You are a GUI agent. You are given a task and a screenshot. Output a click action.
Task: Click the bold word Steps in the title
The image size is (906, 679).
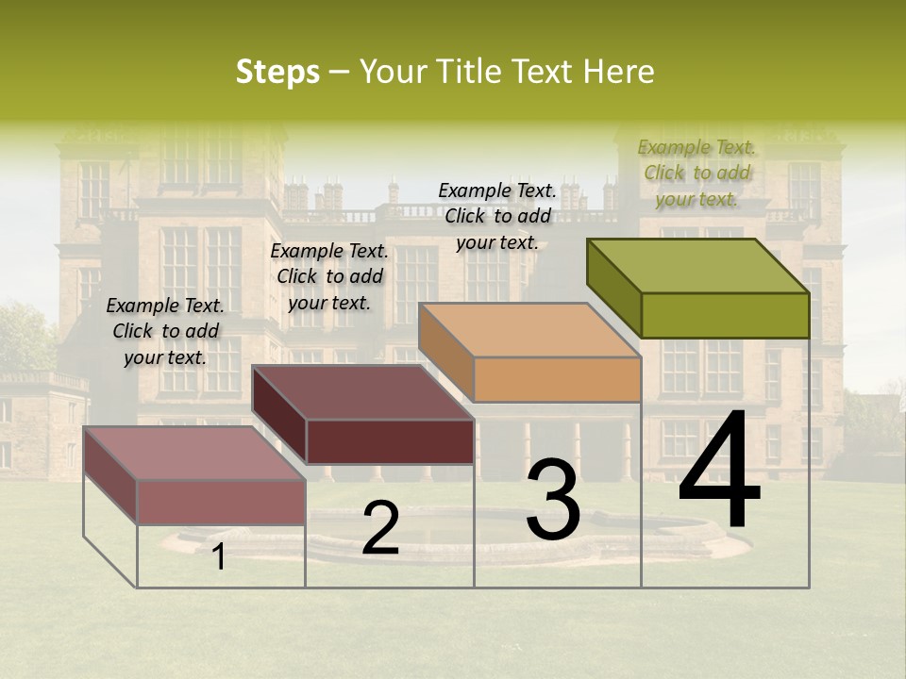pyautogui.click(x=277, y=72)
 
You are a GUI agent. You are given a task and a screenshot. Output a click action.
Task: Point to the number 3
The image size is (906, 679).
pyautogui.click(x=552, y=500)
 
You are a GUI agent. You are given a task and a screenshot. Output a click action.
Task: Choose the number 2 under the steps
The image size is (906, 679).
pyautogui.click(x=380, y=529)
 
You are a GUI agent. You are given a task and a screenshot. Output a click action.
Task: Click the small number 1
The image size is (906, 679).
pyautogui.click(x=219, y=557)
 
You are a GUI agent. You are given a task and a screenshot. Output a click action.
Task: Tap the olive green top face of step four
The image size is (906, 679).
pyautogui.click(x=698, y=266)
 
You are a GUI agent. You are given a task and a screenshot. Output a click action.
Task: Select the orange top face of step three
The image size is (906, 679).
pyautogui.click(x=529, y=330)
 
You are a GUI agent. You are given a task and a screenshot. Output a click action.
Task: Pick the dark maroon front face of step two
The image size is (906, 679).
pyautogui.click(x=390, y=441)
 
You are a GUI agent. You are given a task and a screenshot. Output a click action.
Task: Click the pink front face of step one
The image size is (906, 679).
pyautogui.click(x=222, y=502)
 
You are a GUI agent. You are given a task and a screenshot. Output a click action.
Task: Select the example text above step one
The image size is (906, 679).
pyautogui.click(x=165, y=331)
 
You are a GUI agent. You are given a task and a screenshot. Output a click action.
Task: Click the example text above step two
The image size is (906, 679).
pyautogui.click(x=329, y=276)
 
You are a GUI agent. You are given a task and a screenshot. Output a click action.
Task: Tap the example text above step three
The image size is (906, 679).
pyautogui.click(x=497, y=216)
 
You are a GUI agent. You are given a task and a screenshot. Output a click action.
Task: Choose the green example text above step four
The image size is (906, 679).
pyautogui.click(x=696, y=173)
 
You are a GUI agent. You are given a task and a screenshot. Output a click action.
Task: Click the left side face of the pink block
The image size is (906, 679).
pyautogui.click(x=110, y=474)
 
